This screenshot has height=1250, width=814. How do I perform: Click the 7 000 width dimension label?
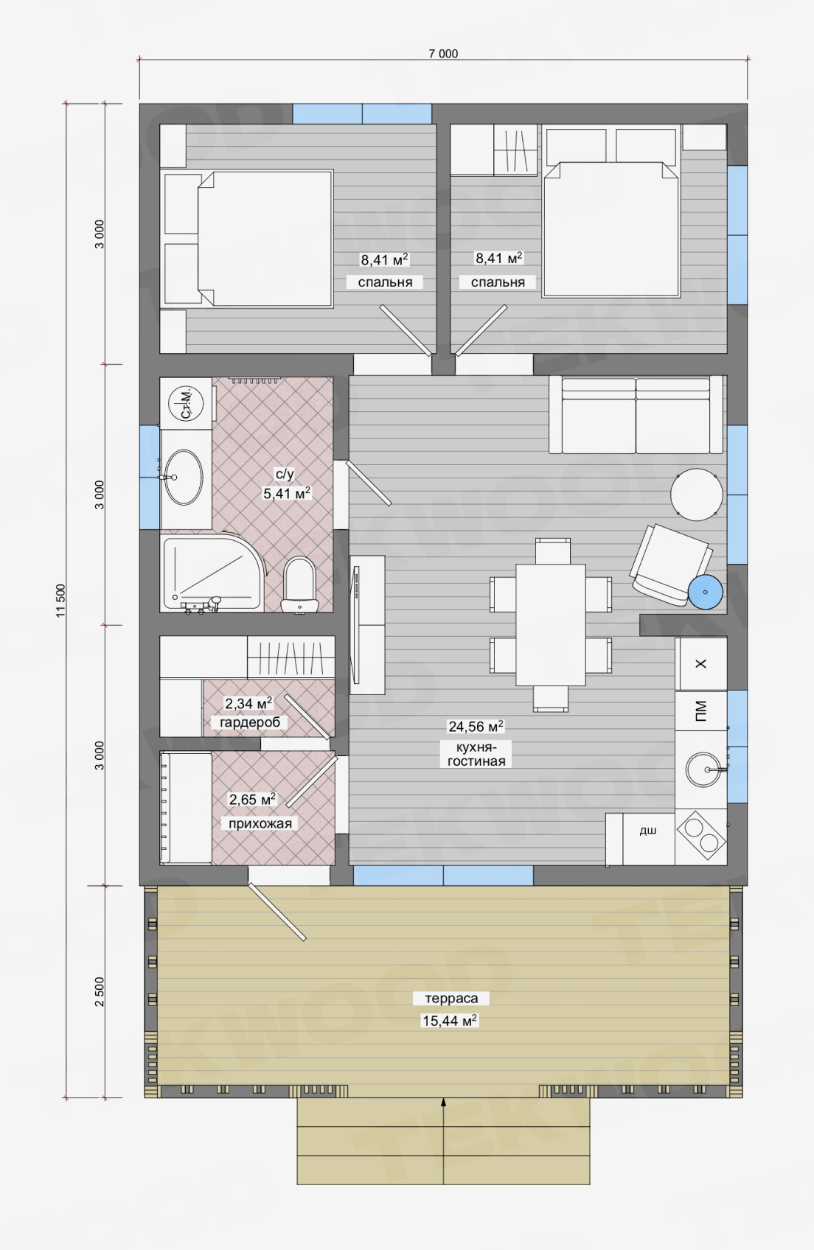click(443, 54)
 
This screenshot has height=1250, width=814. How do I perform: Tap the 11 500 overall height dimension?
click(61, 601)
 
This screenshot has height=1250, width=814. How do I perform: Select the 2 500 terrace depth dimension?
click(100, 991)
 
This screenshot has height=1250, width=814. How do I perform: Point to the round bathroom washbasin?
click(183, 477)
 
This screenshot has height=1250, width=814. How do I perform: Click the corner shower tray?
click(211, 573)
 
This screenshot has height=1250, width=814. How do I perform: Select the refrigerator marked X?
click(700, 663)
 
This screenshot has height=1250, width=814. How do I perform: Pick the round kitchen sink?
click(703, 769)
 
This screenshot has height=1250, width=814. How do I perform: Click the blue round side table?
click(705, 592)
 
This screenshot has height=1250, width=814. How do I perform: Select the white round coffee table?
click(696, 495)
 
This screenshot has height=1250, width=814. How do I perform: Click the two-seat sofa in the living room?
click(636, 415)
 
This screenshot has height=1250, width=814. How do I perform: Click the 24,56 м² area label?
click(476, 726)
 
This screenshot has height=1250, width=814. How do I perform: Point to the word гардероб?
click(249, 722)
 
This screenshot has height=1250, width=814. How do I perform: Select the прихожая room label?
click(260, 823)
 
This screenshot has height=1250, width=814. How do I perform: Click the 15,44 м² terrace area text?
click(450, 1021)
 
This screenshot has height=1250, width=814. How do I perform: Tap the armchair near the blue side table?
click(670, 564)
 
